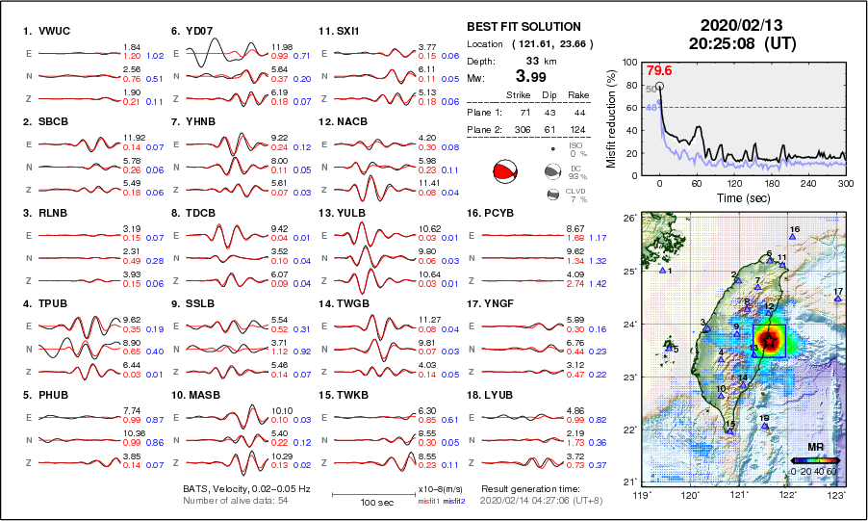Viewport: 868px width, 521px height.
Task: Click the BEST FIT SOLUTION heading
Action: (523, 27)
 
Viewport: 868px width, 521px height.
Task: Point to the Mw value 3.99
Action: (530, 76)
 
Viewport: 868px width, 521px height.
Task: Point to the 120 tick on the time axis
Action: (734, 183)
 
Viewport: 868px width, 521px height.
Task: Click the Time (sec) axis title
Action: (733, 197)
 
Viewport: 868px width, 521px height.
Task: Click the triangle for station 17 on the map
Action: (838, 300)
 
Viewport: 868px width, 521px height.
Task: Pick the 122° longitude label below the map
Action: (788, 495)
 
